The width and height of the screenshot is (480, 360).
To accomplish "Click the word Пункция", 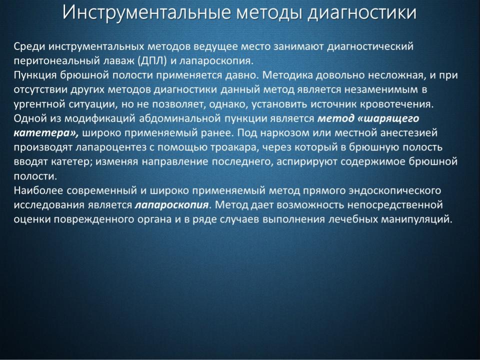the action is point(34,75).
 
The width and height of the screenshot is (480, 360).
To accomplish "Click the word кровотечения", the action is point(396,104).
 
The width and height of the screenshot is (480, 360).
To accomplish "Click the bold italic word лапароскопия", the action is point(171,205).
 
